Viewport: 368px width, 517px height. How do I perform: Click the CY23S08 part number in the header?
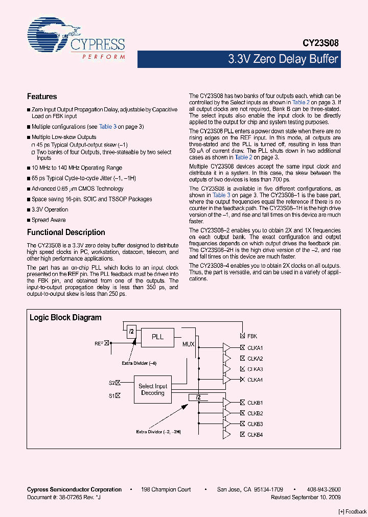pyautogui.click(x=319, y=44)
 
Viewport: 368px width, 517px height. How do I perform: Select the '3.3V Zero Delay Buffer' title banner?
pyautogui.click(x=283, y=59)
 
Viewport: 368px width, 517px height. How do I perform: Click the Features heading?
pyautogui.click(x=41, y=97)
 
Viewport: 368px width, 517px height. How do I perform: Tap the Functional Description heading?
pyautogui.click(x=66, y=232)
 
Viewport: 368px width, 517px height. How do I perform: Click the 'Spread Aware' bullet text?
pyautogui.click(x=49, y=220)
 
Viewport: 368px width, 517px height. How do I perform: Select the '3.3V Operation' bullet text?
pyautogui.click(x=50, y=209)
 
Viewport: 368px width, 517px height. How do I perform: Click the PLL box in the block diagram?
pyautogui.click(x=157, y=337)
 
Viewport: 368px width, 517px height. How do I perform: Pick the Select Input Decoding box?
pyautogui.click(x=153, y=390)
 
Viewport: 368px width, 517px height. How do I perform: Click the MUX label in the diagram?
pyautogui.click(x=188, y=344)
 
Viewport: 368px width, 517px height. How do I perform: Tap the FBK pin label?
pyautogui.click(x=252, y=336)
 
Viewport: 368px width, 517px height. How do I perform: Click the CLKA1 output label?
pyautogui.click(x=255, y=348)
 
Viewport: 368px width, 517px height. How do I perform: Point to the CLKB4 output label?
pyautogui.click(x=255, y=435)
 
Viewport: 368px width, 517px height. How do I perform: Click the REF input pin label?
pyautogui.click(x=99, y=343)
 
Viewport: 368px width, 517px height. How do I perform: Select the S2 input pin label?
pyautogui.click(x=111, y=382)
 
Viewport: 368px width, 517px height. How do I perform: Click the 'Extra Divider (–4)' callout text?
pyautogui.click(x=139, y=363)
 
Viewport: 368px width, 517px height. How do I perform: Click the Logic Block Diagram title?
pyautogui.click(x=65, y=318)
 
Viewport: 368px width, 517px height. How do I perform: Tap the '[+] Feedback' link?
pyautogui.click(x=353, y=511)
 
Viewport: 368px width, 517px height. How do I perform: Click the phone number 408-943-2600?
pyautogui.click(x=325, y=489)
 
